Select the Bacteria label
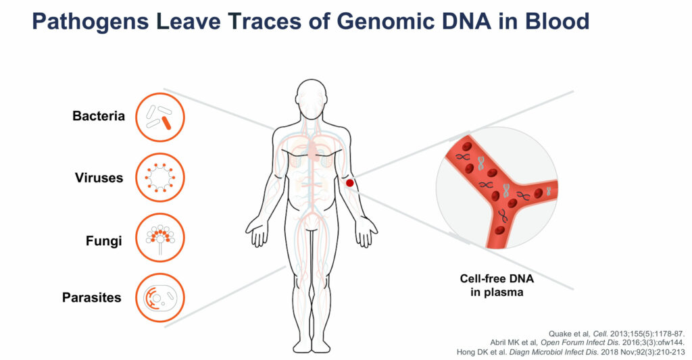99,116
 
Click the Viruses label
99,178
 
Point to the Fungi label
103,241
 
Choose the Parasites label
91,297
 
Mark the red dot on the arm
349,182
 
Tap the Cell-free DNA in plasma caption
497,286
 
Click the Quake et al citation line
616,334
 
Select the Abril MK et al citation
587,343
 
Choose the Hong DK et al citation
570,352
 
